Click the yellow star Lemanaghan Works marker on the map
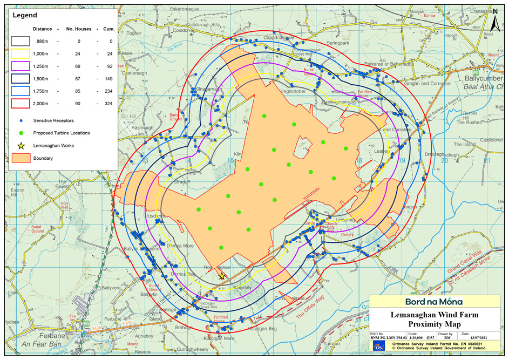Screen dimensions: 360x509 pyautogui.click(x=221, y=276)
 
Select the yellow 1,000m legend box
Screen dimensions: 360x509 pyautogui.click(x=21, y=54)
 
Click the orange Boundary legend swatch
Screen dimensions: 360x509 pyautogui.click(x=21, y=159)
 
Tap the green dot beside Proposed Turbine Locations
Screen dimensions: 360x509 pyautogui.click(x=21, y=133)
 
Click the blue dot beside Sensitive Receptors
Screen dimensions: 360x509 pyautogui.click(x=21, y=120)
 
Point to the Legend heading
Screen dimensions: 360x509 pyautogui.click(x=24, y=16)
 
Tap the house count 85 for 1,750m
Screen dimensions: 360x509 pyautogui.click(x=77, y=91)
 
